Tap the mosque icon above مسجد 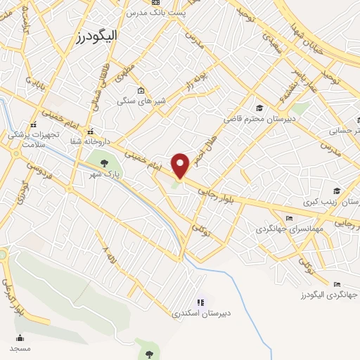[20, 338]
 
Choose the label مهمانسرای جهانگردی [288, 229]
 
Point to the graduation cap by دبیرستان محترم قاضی [259, 108]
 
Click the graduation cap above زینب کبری [337, 191]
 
